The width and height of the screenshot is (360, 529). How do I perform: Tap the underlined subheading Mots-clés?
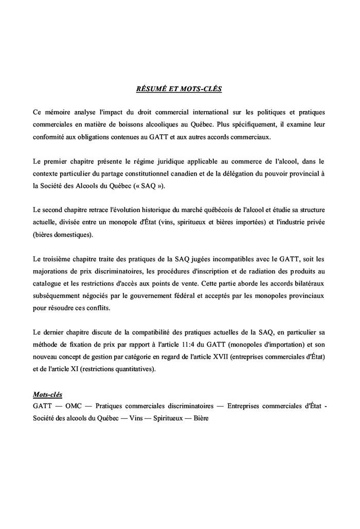point(47,395)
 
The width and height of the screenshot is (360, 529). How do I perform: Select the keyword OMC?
point(74,407)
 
